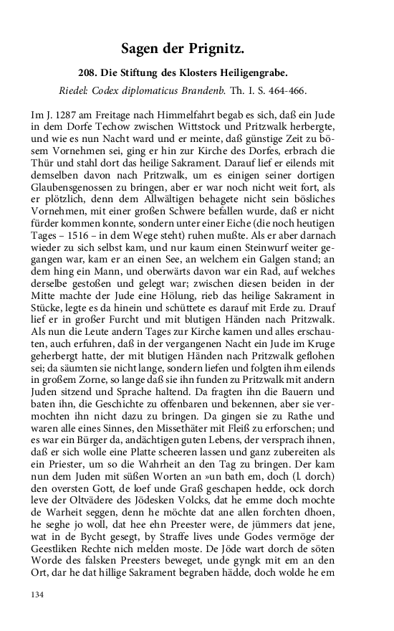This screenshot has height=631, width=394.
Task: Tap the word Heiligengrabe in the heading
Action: pyautogui.click(x=251, y=73)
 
